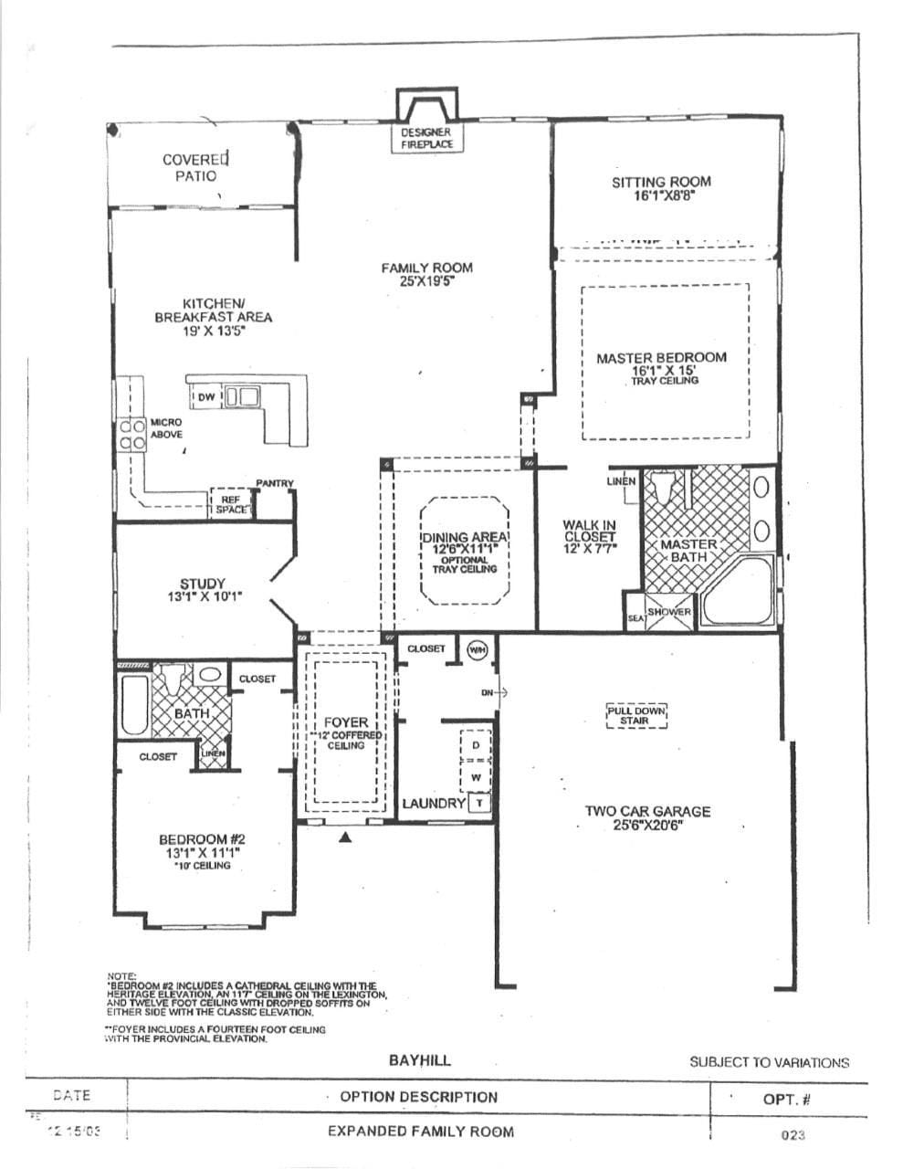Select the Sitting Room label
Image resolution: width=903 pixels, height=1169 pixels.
pyautogui.click(x=661, y=182)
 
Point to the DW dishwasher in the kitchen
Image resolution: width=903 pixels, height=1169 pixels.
pyautogui.click(x=205, y=397)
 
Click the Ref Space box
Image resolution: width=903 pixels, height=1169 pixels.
pyautogui.click(x=231, y=504)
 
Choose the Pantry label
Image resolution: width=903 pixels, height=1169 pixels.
pyautogui.click(x=274, y=483)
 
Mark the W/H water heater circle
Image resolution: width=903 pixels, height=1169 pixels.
pyautogui.click(x=477, y=649)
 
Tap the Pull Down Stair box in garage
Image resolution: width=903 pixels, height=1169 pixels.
pyautogui.click(x=636, y=715)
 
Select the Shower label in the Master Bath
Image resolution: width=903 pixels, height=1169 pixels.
pyautogui.click(x=669, y=612)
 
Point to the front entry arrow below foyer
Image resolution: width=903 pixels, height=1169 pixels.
pyautogui.click(x=345, y=837)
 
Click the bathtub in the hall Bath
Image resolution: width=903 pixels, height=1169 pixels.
pyautogui.click(x=134, y=705)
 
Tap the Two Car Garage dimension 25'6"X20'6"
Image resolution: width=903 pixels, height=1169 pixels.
pyautogui.click(x=648, y=825)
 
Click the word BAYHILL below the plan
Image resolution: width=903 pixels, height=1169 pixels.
pyautogui.click(x=419, y=1060)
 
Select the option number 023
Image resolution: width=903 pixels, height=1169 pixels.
pyautogui.click(x=792, y=1135)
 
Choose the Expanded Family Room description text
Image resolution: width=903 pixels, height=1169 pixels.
pyautogui.click(x=420, y=1132)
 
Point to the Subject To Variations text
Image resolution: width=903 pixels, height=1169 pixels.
pyautogui.click(x=769, y=1062)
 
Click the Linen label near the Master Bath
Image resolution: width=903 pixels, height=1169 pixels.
pyautogui.click(x=621, y=481)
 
